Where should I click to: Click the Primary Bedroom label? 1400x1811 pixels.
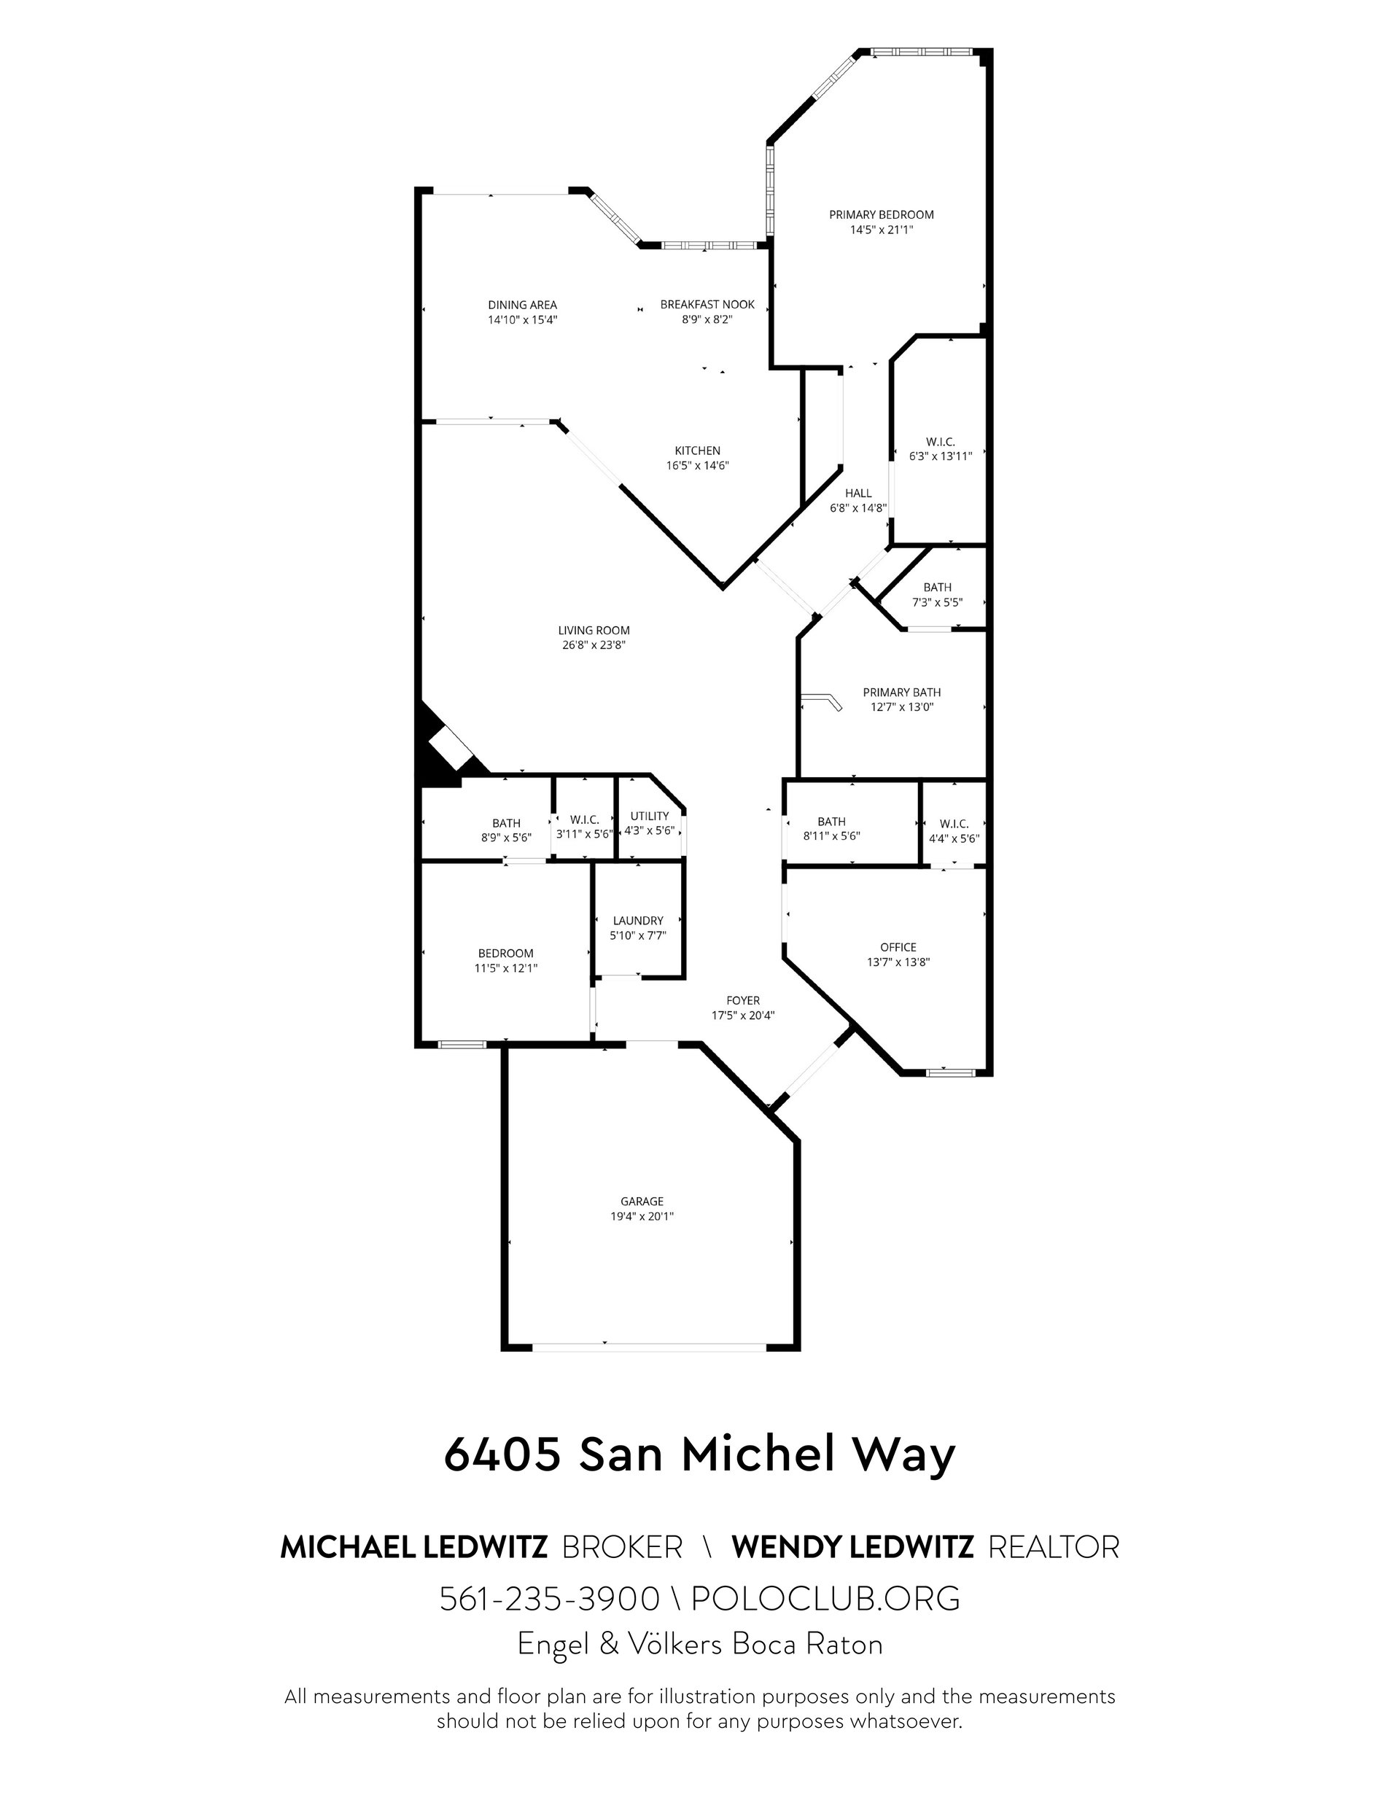[x=881, y=215]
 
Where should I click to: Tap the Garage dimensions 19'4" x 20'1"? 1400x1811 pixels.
[x=642, y=1217]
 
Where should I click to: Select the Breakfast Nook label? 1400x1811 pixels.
[x=707, y=304]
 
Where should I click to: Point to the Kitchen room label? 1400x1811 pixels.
[x=698, y=451]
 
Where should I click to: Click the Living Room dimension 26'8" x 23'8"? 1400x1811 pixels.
[x=594, y=645]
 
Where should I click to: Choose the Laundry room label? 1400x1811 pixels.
[x=638, y=920]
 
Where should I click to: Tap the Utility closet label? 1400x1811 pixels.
[x=650, y=816]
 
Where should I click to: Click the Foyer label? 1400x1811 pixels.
[x=743, y=1001]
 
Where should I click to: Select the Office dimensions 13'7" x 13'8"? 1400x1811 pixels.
[x=898, y=962]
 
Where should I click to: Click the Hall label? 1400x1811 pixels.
[x=858, y=494]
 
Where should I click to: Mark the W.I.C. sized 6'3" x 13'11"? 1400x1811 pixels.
[x=941, y=448]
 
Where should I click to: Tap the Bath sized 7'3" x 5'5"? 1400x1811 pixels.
[x=937, y=594]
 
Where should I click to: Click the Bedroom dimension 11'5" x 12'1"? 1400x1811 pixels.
[x=506, y=967]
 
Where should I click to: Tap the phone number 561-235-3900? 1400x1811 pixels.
[x=549, y=1598]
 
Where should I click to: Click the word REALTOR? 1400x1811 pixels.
[x=1054, y=1547]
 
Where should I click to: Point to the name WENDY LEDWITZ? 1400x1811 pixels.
[x=852, y=1547]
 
